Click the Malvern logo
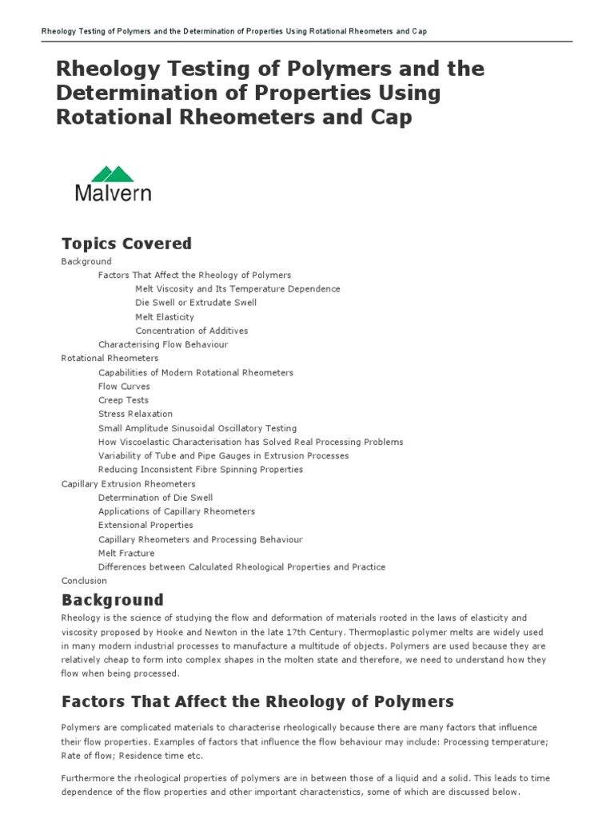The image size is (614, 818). pyautogui.click(x=113, y=183)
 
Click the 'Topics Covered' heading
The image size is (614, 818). pyautogui.click(x=126, y=243)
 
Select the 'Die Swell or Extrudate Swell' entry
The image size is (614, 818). pyautogui.click(x=196, y=303)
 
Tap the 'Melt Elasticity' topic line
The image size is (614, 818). pyautogui.click(x=165, y=317)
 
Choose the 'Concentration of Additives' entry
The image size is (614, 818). pyautogui.click(x=191, y=331)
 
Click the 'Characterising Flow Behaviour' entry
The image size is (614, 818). pyautogui.click(x=163, y=344)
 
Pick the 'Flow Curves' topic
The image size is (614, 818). pyautogui.click(x=124, y=386)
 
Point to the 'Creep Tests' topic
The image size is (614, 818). pyautogui.click(x=123, y=400)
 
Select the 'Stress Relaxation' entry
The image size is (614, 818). pyautogui.click(x=135, y=414)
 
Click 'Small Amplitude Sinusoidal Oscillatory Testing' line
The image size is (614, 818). pyautogui.click(x=197, y=428)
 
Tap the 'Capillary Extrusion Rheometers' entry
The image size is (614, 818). pyautogui.click(x=128, y=483)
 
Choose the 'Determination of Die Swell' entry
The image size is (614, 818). pyautogui.click(x=155, y=498)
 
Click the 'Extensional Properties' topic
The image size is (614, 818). pyautogui.click(x=146, y=525)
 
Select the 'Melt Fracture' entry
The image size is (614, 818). pyautogui.click(x=126, y=553)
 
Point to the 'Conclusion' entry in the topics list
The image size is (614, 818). pyautogui.click(x=84, y=581)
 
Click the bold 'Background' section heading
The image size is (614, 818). pyautogui.click(x=112, y=600)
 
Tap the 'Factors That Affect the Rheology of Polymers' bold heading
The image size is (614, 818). pyautogui.click(x=257, y=701)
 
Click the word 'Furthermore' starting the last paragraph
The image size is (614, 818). pyautogui.click(x=87, y=778)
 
